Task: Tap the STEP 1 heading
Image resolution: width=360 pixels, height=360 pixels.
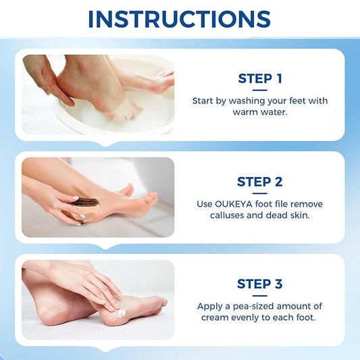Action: tap(260, 78)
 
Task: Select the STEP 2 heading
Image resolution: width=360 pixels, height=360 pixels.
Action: tap(260, 181)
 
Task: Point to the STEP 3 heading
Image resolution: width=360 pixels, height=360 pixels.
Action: tap(260, 284)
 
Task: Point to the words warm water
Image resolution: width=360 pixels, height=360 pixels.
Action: tap(260, 112)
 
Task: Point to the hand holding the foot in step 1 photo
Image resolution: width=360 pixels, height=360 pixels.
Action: tap(51, 78)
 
